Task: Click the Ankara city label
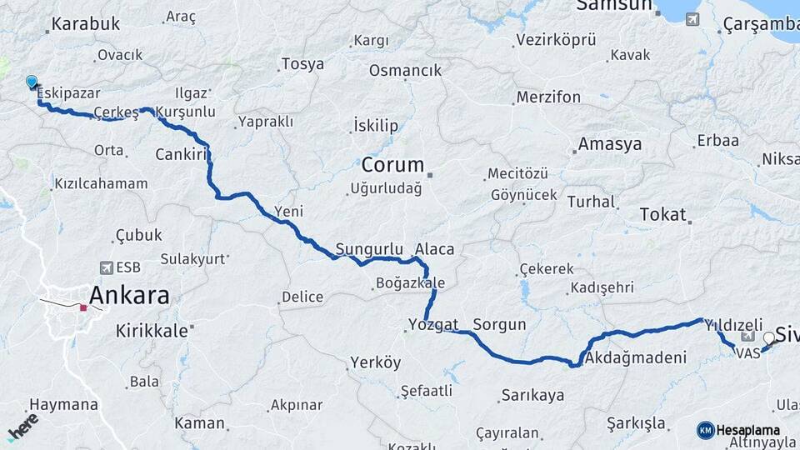point(129,295)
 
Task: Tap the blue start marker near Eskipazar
point(32,82)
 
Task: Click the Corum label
point(392,164)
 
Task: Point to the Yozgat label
point(433,324)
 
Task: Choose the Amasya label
point(610,144)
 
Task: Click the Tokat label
point(662,214)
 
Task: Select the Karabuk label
point(86,24)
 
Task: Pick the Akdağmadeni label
point(636,359)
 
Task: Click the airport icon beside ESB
point(106,267)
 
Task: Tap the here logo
point(22,426)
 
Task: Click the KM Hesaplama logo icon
point(705,430)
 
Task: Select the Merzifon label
point(548,97)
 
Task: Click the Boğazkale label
point(410,283)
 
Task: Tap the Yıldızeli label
point(733,324)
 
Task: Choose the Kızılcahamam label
point(101,183)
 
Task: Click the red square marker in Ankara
point(83,307)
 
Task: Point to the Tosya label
point(302,64)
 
